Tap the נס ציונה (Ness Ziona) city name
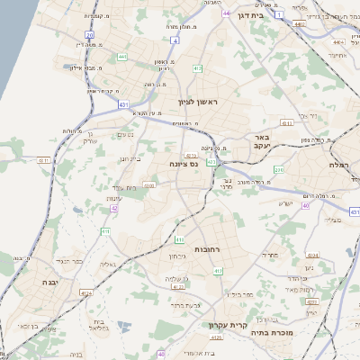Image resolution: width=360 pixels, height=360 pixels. [x=183, y=165]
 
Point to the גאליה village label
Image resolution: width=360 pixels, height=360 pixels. [x=106, y=265]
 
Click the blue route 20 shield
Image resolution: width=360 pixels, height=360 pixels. [x=90, y=34]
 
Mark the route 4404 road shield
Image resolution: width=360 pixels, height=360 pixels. [x=338, y=42]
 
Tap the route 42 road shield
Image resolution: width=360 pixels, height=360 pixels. [x=114, y=208]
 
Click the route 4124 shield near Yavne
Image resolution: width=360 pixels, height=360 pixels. [x=86, y=294]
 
